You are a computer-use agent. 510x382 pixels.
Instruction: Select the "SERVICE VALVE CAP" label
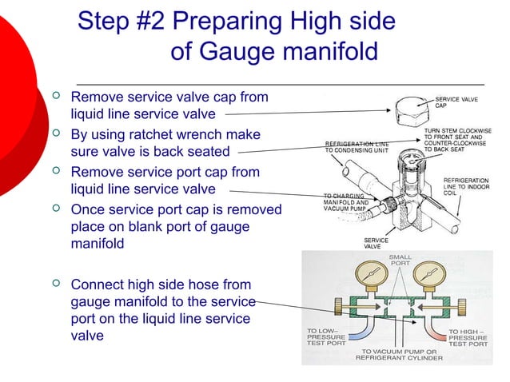tap(456, 101)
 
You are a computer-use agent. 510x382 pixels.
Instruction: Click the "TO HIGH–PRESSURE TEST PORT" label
tap(468, 337)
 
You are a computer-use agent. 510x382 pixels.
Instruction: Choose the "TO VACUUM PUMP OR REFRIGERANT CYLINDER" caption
tap(399, 355)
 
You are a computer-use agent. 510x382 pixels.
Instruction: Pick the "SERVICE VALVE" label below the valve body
tap(377, 244)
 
